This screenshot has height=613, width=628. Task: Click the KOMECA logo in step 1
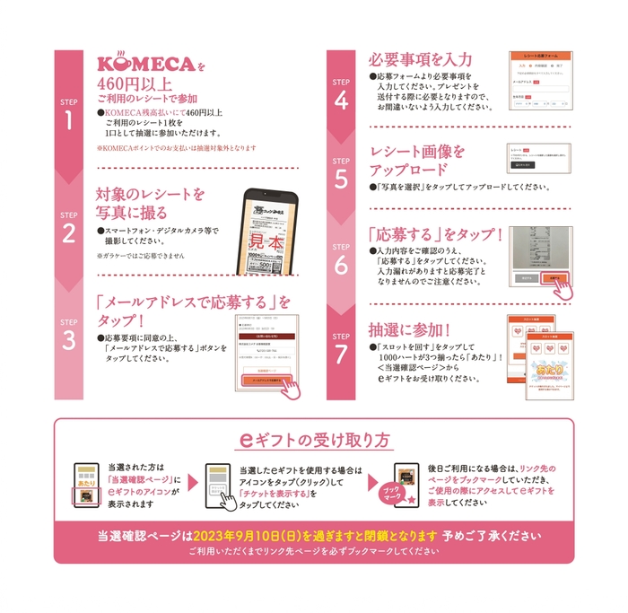pos(144,66)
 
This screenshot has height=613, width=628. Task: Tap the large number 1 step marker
pos(69,121)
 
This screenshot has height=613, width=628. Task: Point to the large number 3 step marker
pos(69,341)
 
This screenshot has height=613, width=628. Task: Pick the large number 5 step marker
pos(341,180)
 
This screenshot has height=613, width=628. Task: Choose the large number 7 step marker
pos(341,354)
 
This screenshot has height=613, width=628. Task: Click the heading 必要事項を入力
pos(420,59)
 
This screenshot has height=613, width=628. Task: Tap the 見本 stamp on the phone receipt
pos(266,243)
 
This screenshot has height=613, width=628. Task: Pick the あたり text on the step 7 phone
pos(535,369)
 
